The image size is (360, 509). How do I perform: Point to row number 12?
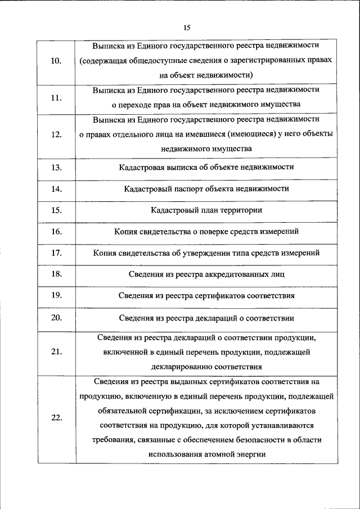56,134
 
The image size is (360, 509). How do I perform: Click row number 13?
56,168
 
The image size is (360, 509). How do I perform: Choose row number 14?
56,189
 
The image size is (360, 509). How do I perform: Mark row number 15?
56,210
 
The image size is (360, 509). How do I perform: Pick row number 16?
56,231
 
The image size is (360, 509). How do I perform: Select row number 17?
56,253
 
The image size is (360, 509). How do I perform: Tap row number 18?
56,274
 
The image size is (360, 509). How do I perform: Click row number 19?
56,295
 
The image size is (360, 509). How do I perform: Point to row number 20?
56,317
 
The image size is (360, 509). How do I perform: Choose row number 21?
56,352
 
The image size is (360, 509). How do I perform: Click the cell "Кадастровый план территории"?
206,210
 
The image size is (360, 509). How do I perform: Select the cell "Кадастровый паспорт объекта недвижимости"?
206,189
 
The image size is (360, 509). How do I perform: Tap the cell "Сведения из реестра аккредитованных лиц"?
206,274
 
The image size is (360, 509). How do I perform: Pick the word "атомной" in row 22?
220,454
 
